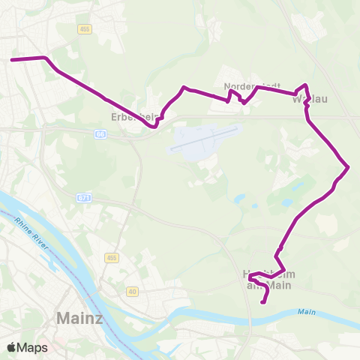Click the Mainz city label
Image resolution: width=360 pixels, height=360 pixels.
click(x=79, y=319)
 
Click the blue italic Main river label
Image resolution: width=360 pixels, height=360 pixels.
click(x=306, y=311)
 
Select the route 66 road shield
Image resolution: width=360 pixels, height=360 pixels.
click(x=100, y=133)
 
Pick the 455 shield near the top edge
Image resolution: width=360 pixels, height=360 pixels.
click(x=84, y=28)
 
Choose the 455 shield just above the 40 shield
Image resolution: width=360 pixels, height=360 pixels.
click(x=112, y=258)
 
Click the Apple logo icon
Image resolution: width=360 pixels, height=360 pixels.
click(x=11, y=347)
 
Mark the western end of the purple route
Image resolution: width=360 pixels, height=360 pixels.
click(x=12, y=59)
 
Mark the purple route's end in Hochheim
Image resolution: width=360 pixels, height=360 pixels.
click(x=262, y=302)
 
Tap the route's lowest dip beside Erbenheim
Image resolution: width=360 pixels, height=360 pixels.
click(x=154, y=127)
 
